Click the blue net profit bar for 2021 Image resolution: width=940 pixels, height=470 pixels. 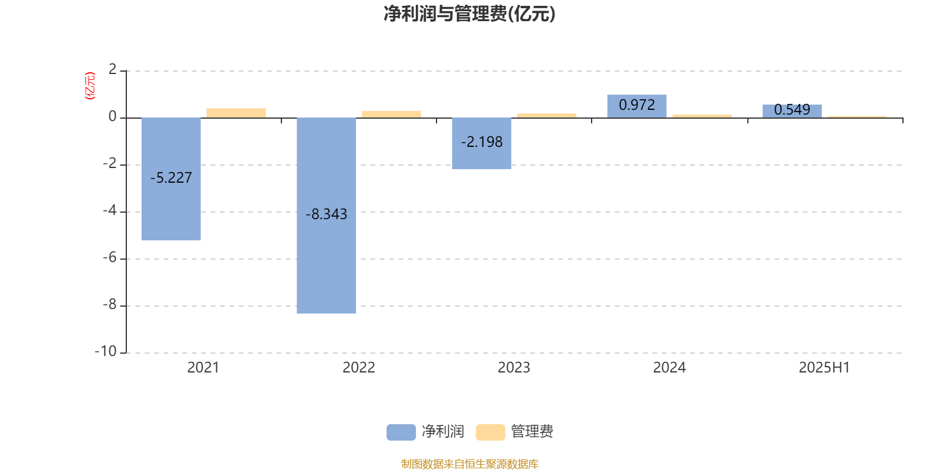point(171,179)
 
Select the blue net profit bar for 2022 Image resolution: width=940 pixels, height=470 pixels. point(326,216)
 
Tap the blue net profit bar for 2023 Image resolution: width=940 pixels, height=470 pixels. point(481,143)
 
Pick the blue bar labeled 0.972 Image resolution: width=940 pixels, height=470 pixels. point(637,106)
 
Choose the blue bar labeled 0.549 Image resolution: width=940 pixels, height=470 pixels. point(792,111)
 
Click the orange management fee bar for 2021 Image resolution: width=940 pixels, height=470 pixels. point(236,113)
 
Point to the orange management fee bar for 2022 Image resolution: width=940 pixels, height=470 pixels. point(391,115)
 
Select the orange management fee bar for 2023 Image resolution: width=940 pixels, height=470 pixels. point(547,116)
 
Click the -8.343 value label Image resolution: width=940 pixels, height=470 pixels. point(327,214)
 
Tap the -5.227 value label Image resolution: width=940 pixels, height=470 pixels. point(171,177)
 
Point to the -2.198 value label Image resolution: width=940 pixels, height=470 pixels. point(482,142)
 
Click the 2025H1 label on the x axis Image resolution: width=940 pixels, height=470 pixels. point(824,367)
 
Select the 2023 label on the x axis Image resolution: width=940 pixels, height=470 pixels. point(514,367)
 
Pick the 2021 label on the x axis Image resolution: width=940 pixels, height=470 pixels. point(203,367)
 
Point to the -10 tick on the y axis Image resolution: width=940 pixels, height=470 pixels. point(106,351)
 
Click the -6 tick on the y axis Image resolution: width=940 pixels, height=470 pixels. point(110,257)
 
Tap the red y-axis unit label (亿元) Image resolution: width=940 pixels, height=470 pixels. point(90,86)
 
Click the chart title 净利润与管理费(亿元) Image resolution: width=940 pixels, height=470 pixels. point(469,14)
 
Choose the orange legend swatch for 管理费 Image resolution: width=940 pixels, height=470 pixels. point(490,432)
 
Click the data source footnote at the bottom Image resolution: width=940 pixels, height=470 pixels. point(469,464)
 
